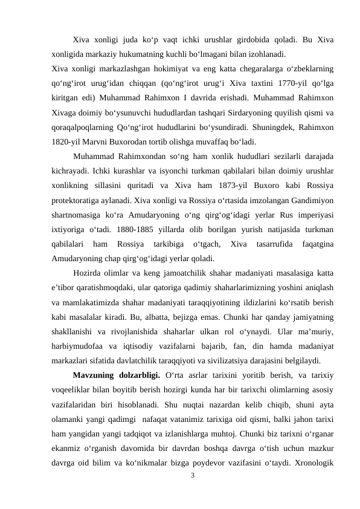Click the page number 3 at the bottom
click(x=192, y=476)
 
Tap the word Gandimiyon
click(x=312, y=198)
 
